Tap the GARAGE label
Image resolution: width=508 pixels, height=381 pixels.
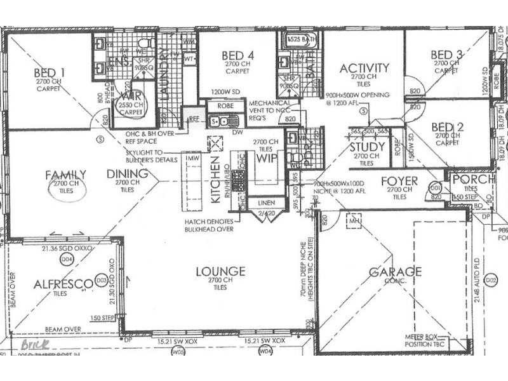coord(395,272)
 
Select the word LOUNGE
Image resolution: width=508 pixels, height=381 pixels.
coord(220,272)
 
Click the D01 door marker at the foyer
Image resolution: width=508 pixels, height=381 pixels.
coord(436,189)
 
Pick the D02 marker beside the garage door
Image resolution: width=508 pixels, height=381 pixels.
coord(490,278)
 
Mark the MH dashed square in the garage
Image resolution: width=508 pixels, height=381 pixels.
coord(353,220)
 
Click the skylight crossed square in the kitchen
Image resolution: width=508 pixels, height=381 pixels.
coord(217,143)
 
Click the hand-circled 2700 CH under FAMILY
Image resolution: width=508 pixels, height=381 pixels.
coord(66,187)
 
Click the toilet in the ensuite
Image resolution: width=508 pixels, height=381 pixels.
coord(145,44)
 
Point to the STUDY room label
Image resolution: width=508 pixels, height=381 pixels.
coord(364,147)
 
